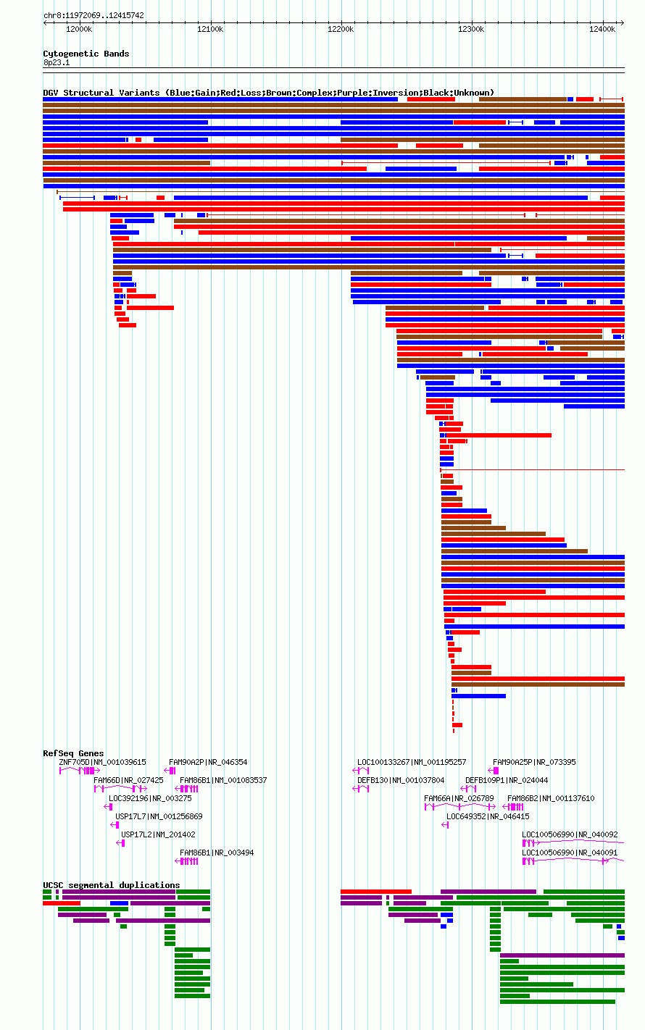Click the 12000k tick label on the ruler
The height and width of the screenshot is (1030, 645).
[x=79, y=30]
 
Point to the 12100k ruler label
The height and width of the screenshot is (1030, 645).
[x=210, y=30]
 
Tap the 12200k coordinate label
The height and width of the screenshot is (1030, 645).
[x=341, y=30]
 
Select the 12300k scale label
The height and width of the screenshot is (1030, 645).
[x=472, y=30]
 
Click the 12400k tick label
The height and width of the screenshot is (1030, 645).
[x=602, y=30]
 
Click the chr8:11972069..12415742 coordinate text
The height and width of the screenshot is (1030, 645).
[x=94, y=16]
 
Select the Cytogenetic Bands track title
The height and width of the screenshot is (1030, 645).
[x=86, y=54]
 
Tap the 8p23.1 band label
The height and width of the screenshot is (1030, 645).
[x=57, y=62]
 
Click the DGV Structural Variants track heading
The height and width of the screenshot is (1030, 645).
[x=269, y=93]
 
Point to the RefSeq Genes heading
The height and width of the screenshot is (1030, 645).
[x=74, y=753]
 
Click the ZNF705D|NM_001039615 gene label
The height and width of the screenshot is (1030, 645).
[x=103, y=763]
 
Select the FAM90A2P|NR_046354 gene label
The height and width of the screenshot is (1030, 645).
[x=208, y=763]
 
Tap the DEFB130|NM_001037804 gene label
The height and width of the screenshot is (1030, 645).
[x=401, y=780]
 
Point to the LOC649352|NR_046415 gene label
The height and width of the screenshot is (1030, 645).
[x=488, y=816]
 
